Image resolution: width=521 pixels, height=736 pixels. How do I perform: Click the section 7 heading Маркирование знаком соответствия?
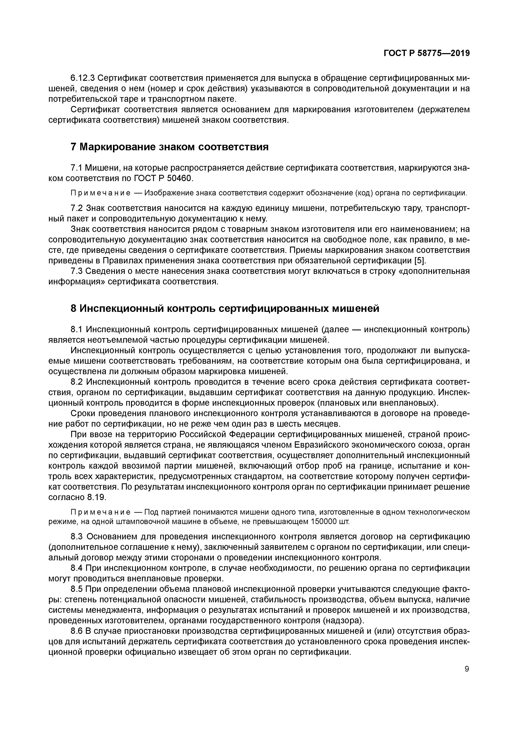pos(169,147)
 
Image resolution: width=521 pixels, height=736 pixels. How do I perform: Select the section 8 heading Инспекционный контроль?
pos(224,308)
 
